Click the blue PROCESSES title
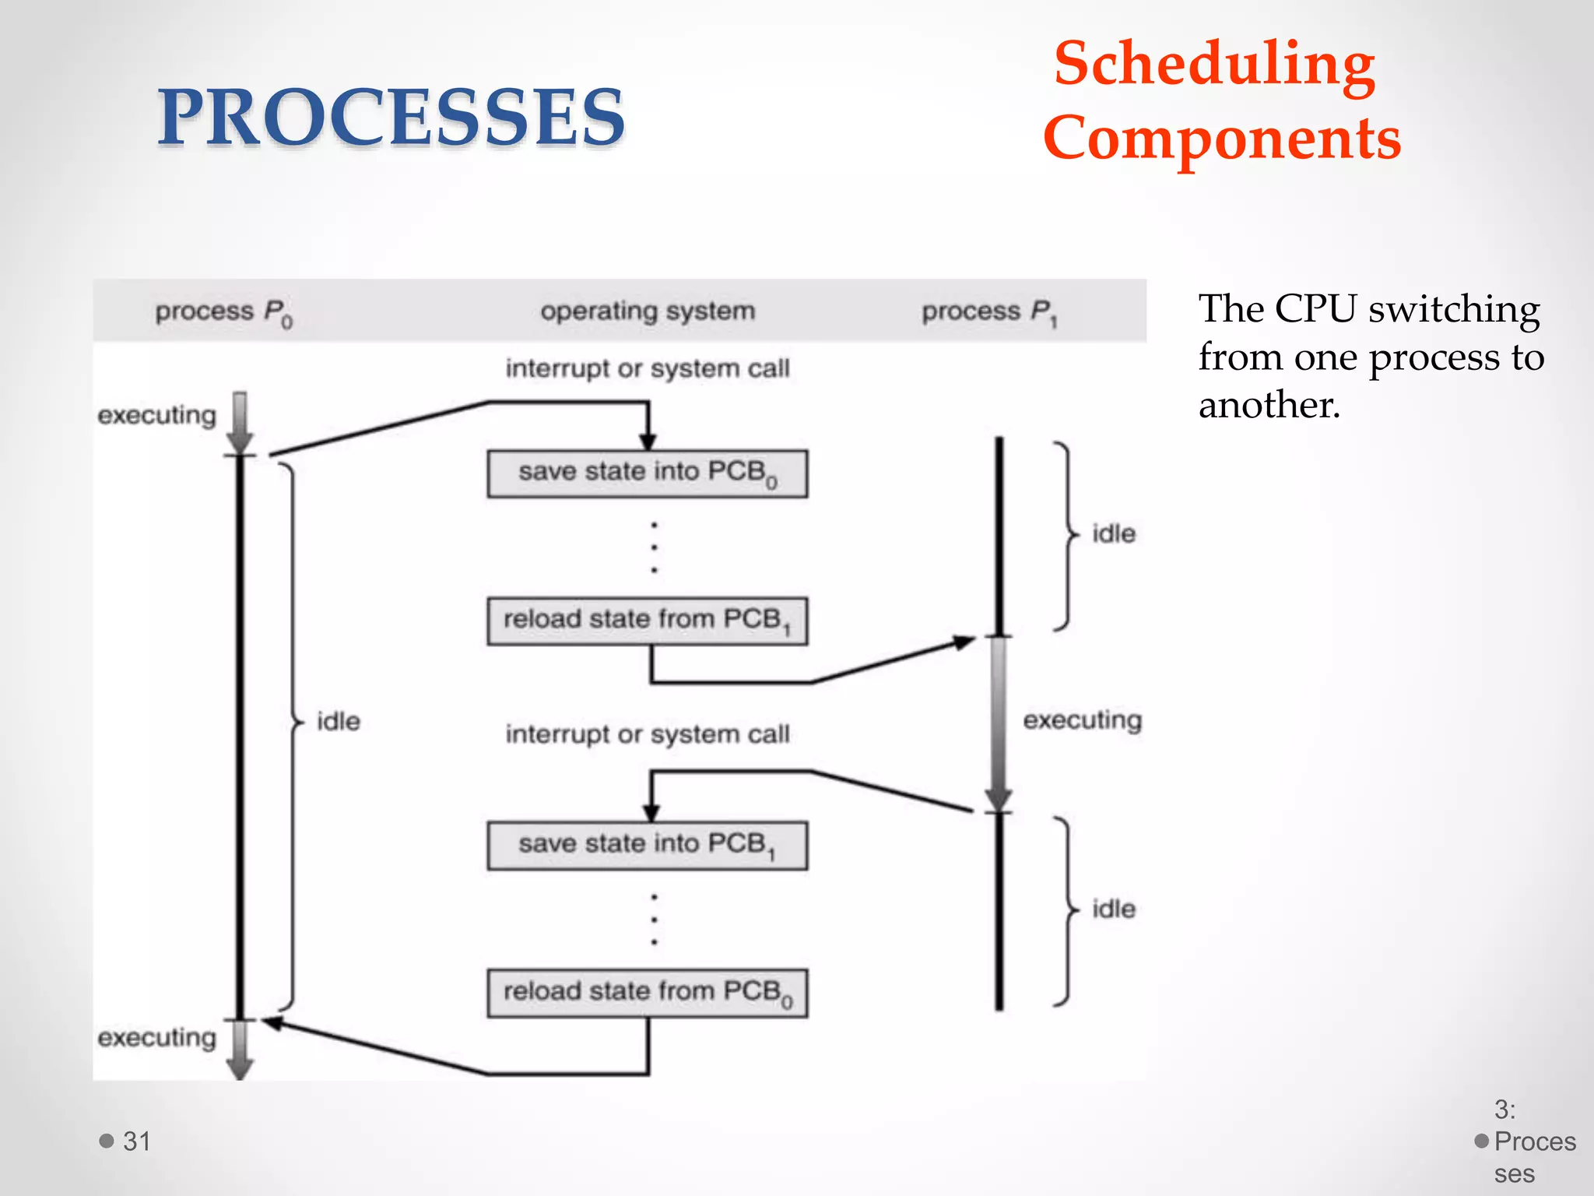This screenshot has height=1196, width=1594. click(x=391, y=117)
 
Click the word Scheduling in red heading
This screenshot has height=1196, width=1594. click(x=1214, y=64)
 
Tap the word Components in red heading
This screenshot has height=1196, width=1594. click(x=1222, y=138)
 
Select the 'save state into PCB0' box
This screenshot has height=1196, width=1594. click(x=647, y=473)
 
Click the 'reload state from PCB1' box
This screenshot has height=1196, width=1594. click(x=647, y=621)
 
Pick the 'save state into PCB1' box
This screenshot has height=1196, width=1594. click(x=647, y=845)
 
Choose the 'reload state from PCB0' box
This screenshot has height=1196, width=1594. click(x=647, y=993)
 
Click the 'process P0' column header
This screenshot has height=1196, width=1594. click(x=223, y=311)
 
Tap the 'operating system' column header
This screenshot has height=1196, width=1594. click(x=648, y=311)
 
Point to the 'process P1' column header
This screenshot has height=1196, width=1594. click(x=988, y=311)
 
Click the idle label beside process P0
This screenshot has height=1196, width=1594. click(x=339, y=721)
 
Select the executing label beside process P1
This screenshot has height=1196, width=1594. click(x=1082, y=720)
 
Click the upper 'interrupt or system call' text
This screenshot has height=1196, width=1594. click(x=648, y=368)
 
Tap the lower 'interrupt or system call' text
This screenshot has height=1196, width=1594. click(x=648, y=734)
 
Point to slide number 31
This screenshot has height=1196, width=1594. click(x=136, y=1141)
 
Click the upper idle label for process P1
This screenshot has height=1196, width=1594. click(x=1114, y=534)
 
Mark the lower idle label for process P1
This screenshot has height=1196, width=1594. click(x=1114, y=909)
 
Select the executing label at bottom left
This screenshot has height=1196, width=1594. click(x=156, y=1038)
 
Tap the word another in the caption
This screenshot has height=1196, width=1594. click(x=1269, y=405)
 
